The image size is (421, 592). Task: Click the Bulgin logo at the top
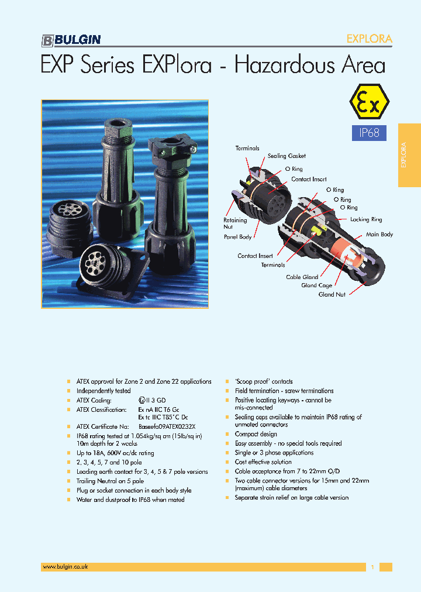71,40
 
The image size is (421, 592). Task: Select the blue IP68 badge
368,133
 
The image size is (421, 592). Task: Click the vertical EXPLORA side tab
409,155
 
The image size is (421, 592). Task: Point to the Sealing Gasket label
287,156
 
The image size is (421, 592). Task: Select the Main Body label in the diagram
379,235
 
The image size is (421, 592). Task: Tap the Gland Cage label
316,285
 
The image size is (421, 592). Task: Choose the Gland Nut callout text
331,294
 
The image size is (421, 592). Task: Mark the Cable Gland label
302,277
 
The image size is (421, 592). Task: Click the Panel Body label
237,237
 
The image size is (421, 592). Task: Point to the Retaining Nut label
235,223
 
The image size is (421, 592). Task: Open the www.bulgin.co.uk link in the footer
65,567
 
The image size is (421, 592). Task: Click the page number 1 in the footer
372,567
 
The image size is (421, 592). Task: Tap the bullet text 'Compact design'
256,434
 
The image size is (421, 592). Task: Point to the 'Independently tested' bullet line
103,391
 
